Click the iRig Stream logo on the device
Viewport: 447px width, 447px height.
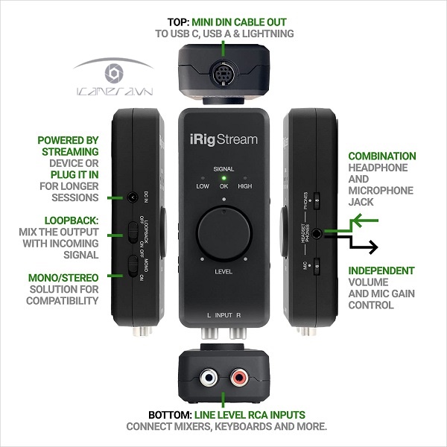[223, 140]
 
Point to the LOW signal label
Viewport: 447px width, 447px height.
[203, 186]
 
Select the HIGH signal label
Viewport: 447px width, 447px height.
[245, 186]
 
